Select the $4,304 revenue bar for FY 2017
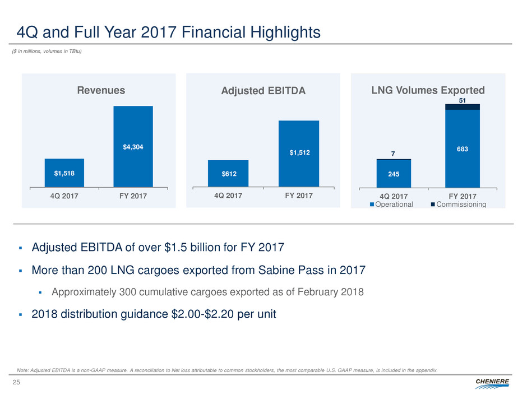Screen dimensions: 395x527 (133, 146)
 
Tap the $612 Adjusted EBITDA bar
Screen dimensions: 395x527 (228, 173)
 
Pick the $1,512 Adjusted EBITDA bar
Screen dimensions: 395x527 (299, 153)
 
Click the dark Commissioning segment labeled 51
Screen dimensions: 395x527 (463, 106)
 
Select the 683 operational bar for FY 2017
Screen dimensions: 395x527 (463, 148)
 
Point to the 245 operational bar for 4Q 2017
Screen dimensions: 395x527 (394, 174)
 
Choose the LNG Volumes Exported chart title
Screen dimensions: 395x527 (428, 90)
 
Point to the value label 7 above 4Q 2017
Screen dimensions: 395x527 (394, 153)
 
